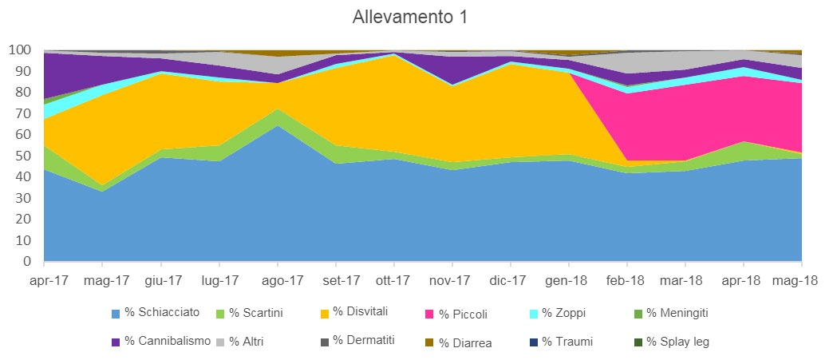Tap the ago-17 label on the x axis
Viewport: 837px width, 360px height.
(x=283, y=281)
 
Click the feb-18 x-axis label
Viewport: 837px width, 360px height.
(x=626, y=281)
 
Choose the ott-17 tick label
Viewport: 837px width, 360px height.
(x=393, y=281)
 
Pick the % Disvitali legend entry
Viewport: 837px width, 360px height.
(x=360, y=312)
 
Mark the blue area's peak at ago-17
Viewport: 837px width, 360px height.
(x=277, y=127)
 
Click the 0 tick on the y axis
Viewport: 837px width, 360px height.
(x=26, y=261)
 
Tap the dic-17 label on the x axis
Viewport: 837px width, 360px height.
(x=508, y=281)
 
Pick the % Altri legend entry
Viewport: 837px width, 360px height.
(x=247, y=342)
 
